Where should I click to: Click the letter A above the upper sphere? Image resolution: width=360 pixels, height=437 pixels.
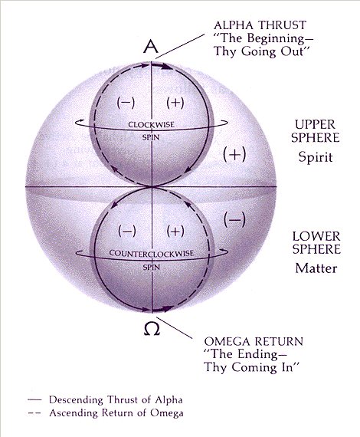152,46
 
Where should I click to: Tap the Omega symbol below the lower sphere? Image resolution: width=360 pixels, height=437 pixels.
152,329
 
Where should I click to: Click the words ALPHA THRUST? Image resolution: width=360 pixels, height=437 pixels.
260,25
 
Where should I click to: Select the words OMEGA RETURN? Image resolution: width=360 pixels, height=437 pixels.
254,341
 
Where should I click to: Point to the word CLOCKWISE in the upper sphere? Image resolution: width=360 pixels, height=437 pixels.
151,124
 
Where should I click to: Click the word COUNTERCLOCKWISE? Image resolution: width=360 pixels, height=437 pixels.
151,254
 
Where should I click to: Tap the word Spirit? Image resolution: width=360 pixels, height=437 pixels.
316,157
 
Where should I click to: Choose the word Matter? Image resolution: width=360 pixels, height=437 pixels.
316,268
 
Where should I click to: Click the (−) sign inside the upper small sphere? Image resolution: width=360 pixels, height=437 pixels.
126,103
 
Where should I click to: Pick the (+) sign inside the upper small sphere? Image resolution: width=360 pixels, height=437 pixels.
175,103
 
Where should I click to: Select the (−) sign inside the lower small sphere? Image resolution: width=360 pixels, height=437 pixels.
127,231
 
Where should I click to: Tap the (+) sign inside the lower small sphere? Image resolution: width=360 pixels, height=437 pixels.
175,231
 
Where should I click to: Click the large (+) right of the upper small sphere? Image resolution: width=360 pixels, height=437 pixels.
234,154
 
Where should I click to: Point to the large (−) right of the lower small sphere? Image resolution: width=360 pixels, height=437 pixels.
234,219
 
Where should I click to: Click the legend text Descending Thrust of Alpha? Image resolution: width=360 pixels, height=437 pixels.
116,400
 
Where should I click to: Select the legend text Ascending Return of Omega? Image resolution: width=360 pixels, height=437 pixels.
116,412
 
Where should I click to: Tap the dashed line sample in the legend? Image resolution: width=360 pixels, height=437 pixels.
34,413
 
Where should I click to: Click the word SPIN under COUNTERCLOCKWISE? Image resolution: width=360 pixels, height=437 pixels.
151,268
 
